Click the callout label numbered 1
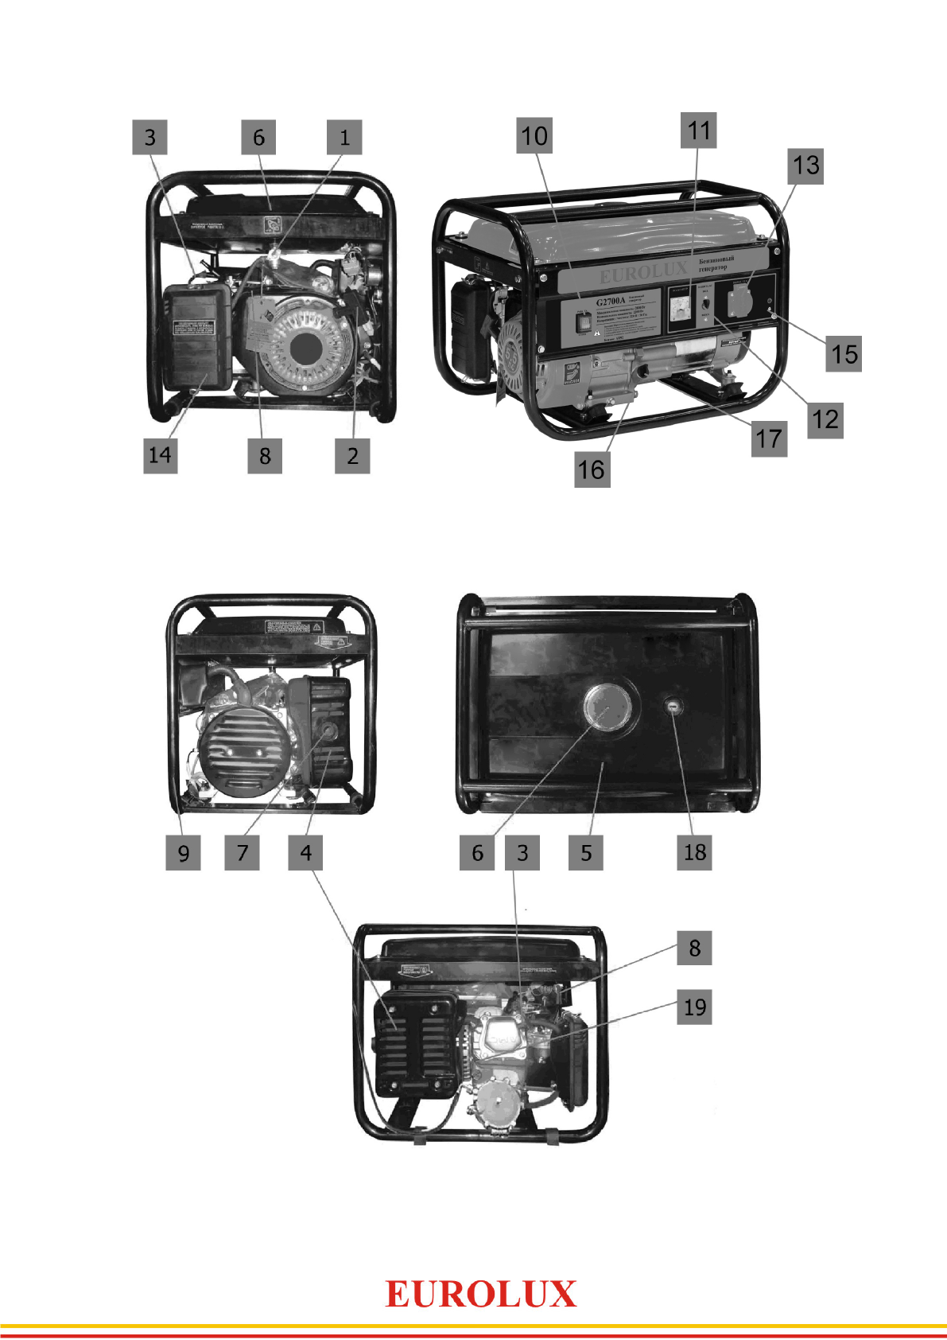(344, 137)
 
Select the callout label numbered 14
(160, 456)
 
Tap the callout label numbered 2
(352, 456)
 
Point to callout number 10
(534, 136)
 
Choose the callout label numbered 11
(698, 130)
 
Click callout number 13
(805, 166)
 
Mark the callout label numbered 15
(844, 354)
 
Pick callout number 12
(825, 419)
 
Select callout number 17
(769, 439)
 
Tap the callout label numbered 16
(592, 469)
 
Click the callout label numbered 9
(183, 853)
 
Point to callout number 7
(243, 853)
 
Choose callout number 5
(586, 853)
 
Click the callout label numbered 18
(694, 852)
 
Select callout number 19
(694, 1007)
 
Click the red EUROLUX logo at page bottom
(480, 1295)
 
